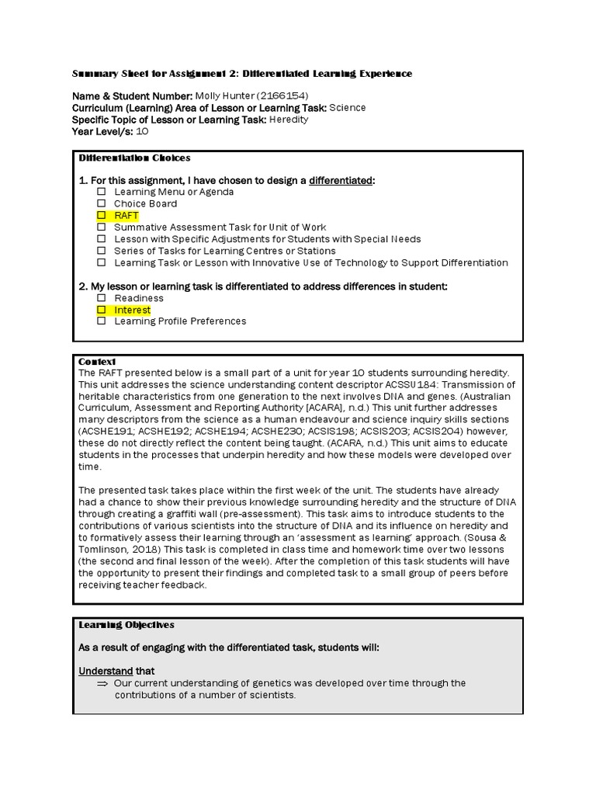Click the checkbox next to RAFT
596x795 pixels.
coord(101,216)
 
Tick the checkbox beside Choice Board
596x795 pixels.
coord(101,204)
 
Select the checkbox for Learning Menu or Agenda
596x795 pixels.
coord(101,192)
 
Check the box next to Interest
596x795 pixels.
coord(101,310)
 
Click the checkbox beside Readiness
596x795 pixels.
coord(101,298)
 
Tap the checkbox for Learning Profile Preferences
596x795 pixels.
coord(101,321)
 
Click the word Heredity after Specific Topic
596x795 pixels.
coord(289,120)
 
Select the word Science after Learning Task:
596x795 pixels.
coord(347,108)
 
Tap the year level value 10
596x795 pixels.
coord(142,131)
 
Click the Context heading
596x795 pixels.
coord(97,362)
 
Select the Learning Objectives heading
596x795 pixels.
coord(126,624)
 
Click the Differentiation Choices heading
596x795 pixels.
coord(134,158)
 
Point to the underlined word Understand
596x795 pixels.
coord(106,671)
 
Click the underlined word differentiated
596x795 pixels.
coord(340,180)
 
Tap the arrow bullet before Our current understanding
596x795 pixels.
coord(102,683)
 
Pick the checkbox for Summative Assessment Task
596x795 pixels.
coord(101,227)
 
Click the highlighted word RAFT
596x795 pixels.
coord(126,216)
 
